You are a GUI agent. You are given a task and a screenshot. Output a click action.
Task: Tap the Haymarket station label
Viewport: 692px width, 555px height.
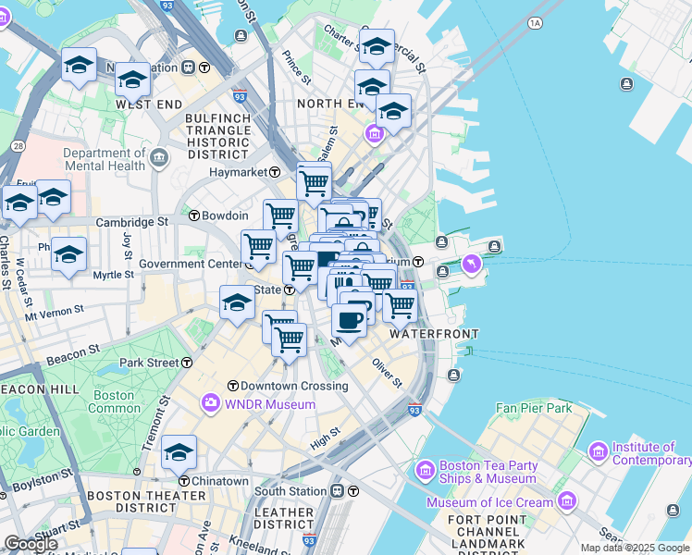click(237, 172)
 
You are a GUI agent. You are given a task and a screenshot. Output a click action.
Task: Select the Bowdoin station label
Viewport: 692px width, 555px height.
click(226, 216)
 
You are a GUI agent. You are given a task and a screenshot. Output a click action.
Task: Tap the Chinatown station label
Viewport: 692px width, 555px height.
click(220, 481)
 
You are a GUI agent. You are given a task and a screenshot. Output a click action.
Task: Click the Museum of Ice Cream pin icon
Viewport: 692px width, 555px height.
click(566, 501)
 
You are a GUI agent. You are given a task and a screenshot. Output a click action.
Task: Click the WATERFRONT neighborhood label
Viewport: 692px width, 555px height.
click(434, 333)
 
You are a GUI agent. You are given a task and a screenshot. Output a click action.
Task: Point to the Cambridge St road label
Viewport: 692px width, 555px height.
click(133, 222)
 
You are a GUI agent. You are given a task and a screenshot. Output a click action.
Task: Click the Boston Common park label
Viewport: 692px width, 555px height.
click(115, 401)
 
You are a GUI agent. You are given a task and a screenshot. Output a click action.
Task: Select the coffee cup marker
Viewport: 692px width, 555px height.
click(349, 320)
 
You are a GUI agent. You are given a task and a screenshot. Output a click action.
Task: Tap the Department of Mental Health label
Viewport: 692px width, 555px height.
click(105, 159)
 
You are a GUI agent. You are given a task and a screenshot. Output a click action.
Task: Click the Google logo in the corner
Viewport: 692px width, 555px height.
click(30, 544)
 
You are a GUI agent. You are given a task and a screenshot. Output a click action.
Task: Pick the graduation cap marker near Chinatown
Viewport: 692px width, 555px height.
click(179, 452)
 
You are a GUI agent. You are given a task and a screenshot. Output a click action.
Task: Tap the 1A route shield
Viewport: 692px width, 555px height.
click(535, 22)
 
